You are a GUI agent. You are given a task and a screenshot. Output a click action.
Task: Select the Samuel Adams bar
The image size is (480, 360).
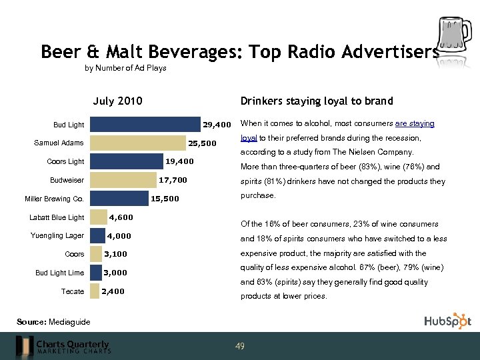tap(137, 143)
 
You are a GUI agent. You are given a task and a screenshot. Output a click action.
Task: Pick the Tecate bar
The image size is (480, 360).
tap(95, 291)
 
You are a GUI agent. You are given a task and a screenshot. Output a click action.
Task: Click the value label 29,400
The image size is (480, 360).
tap(217, 125)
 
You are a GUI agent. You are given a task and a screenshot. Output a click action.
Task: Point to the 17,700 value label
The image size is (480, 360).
tap(173, 180)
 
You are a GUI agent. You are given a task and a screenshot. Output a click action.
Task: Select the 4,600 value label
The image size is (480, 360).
tap(121, 217)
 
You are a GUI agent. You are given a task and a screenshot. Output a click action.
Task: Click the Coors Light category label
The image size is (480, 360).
tap(65, 161)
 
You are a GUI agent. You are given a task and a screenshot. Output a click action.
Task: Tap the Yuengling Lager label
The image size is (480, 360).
tap(57, 235)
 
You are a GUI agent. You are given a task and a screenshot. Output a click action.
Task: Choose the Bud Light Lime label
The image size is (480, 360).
tap(59, 273)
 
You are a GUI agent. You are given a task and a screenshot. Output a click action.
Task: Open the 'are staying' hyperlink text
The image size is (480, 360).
tap(415, 123)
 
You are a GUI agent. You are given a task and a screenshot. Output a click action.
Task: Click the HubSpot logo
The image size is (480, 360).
tap(447, 321)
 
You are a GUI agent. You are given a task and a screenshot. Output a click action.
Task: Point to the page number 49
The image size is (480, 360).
tap(240, 346)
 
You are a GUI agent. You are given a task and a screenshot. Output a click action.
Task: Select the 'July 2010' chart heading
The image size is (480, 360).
tap(117, 101)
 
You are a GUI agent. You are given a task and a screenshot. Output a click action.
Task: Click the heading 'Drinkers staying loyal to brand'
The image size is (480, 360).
tap(316, 101)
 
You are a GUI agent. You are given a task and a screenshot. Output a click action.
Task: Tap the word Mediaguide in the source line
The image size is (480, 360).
tap(69, 322)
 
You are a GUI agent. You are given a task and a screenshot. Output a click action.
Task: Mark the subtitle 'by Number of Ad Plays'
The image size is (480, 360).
tap(125, 68)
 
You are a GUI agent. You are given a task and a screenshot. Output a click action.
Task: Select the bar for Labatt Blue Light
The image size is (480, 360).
tap(98, 217)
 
